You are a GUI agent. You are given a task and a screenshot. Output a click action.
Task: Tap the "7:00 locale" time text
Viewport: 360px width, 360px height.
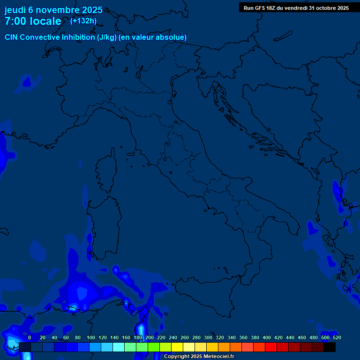[33, 21]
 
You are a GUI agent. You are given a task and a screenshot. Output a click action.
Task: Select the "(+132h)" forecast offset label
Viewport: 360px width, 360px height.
[83, 21]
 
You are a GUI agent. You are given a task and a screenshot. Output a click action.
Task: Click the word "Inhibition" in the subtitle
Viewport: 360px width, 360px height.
[78, 37]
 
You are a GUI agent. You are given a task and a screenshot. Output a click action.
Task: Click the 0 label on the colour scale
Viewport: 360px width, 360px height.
[30, 337]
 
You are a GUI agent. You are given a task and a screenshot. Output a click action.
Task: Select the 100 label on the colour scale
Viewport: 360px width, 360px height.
[91, 337]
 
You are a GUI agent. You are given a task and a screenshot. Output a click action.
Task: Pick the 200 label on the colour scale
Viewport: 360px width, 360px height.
[150, 337]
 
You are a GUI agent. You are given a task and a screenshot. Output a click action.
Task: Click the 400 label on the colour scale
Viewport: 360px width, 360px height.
[267, 337]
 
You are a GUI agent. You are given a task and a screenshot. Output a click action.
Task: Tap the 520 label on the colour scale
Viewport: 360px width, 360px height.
[337, 337]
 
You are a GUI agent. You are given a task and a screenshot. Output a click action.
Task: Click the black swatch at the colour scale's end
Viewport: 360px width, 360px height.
[330, 347]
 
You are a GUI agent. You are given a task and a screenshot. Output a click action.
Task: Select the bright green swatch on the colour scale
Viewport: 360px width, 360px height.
[154, 347]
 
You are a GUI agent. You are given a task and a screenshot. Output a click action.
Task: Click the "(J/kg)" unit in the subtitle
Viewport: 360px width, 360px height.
[107, 37]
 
